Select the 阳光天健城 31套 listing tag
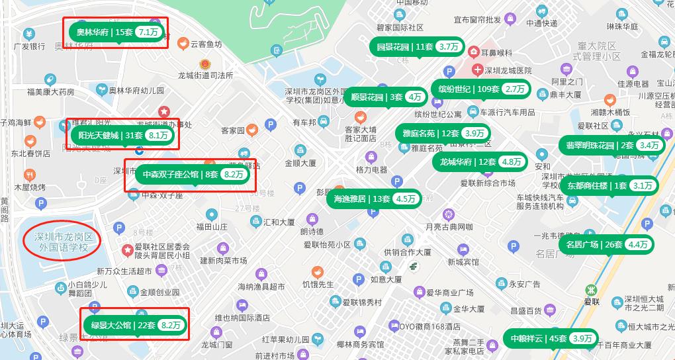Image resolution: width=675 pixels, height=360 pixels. [123, 136]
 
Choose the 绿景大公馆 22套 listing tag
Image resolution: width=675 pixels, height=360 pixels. [135, 325]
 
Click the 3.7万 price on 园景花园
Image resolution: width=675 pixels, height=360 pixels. [449, 46]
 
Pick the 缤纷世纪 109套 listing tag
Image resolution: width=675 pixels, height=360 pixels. [480, 89]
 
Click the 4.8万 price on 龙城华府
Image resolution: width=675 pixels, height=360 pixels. [512, 161]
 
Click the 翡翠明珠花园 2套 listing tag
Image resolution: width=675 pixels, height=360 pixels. [612, 145]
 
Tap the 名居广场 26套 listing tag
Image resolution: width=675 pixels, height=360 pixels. [607, 244]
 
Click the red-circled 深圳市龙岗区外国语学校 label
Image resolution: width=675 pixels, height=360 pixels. [62, 242]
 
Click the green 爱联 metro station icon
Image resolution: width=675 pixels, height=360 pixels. [591, 290]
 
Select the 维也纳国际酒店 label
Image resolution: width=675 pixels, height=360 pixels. [242, 318]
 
